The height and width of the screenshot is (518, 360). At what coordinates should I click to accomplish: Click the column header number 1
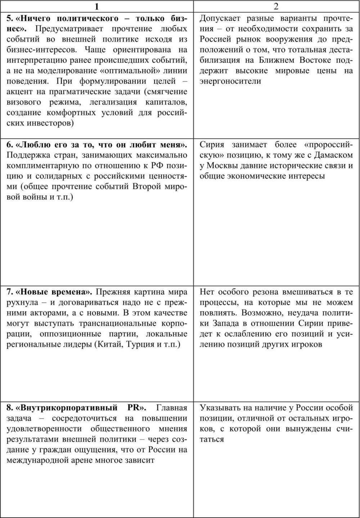96,6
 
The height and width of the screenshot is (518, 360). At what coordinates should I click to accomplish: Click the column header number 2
276,6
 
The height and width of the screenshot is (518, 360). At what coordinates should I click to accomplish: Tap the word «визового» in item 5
24,102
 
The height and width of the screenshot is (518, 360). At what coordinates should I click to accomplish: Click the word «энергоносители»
230,81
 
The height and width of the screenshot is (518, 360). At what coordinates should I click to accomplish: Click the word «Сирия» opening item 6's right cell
212,145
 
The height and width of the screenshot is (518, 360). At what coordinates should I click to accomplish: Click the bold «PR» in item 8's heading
136,408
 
